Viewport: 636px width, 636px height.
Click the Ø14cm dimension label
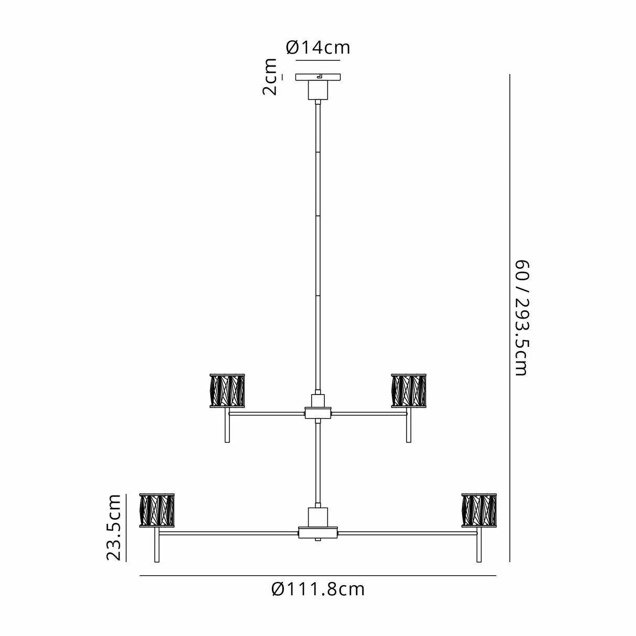(318, 48)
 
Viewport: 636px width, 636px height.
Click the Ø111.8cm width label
(318, 589)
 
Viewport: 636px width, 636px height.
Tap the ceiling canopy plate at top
(318, 77)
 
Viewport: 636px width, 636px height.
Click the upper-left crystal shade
(227, 391)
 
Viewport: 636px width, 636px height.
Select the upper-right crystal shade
(409, 391)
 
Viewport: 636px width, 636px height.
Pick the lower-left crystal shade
(157, 511)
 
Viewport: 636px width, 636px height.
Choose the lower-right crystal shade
(479, 511)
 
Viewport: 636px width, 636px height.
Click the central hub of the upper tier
(318, 412)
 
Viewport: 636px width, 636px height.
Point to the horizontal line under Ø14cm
(318, 60)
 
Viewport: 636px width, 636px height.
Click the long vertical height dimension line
(510, 318)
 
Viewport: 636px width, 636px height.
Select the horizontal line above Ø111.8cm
(318, 576)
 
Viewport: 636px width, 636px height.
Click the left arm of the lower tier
(229, 533)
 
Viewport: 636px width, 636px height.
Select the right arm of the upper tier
(369, 413)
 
